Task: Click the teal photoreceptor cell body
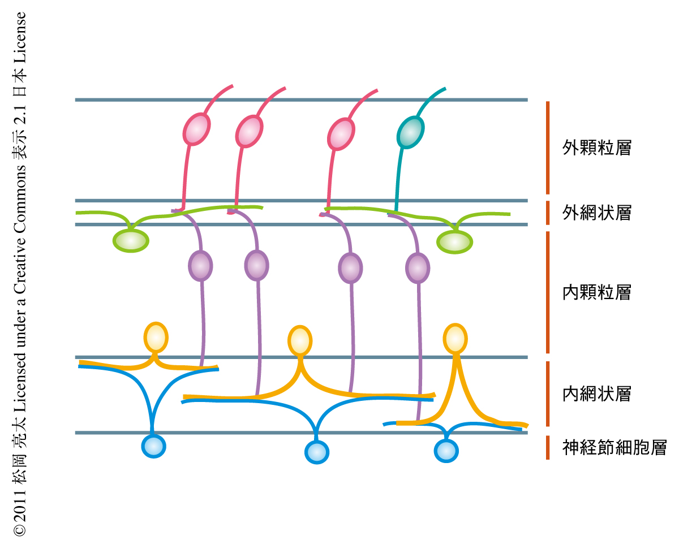point(410,132)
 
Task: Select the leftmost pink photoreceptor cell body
point(196,129)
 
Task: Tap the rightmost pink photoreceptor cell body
point(342,134)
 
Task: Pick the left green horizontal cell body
point(131,240)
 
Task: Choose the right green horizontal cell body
point(455,242)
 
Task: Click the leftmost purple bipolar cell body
point(200,265)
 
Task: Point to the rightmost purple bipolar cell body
point(418,268)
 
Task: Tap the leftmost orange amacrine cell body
point(156,337)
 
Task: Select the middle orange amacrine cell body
point(299,340)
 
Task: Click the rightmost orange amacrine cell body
point(455,338)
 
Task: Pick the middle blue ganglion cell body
point(316,452)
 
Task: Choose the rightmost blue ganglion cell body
point(446,451)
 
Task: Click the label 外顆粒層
point(596,148)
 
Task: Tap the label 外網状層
point(596,213)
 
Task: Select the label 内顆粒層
point(596,292)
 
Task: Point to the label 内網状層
point(596,394)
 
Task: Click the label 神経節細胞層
point(614,448)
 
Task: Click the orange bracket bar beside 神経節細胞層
point(548,447)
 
